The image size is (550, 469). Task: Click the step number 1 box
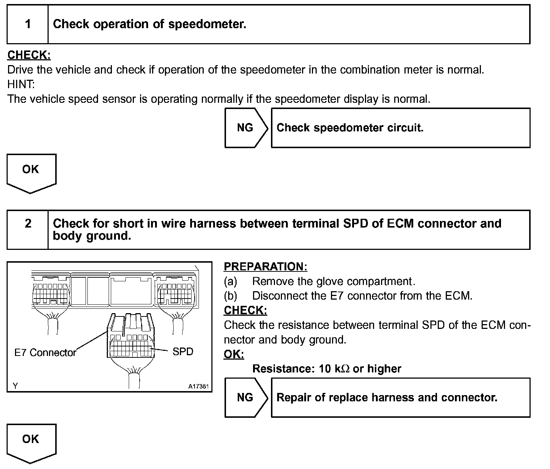pyautogui.click(x=28, y=24)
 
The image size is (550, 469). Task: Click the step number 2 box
pyautogui.click(x=28, y=229)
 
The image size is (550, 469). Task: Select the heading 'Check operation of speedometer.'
pyautogui.click(x=150, y=24)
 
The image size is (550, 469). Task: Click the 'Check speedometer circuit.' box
pyautogui.click(x=400, y=128)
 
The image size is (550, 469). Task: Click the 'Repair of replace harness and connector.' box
pyautogui.click(x=400, y=397)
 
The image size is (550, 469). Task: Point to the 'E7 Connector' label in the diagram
pyautogui.click(x=45, y=353)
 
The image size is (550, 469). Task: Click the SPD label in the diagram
pyautogui.click(x=183, y=352)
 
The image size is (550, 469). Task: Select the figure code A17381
pyautogui.click(x=199, y=386)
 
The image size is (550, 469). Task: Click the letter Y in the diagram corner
pyautogui.click(x=15, y=386)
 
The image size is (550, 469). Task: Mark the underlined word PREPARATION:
pyautogui.click(x=265, y=267)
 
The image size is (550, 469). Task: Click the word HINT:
pyautogui.click(x=21, y=85)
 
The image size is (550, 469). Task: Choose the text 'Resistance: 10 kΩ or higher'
pyautogui.click(x=327, y=368)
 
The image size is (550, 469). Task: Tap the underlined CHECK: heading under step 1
pyautogui.click(x=29, y=55)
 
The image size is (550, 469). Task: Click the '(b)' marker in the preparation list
pyautogui.click(x=231, y=296)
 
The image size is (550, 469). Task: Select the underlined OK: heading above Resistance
pyautogui.click(x=234, y=354)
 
